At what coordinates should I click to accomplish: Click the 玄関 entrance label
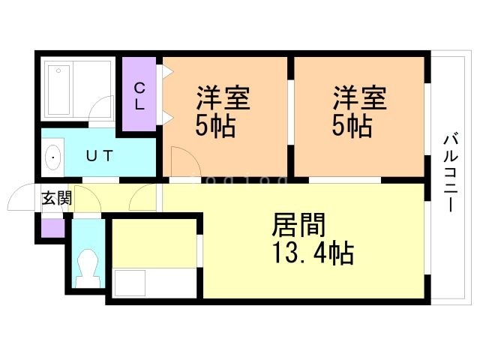[56, 199]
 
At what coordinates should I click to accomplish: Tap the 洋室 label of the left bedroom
[223, 99]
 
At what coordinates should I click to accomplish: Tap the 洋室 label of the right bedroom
[360, 99]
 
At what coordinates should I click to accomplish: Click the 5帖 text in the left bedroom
[216, 125]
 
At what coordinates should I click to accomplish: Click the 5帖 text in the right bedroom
[353, 125]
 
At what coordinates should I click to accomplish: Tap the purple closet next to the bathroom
[139, 94]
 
